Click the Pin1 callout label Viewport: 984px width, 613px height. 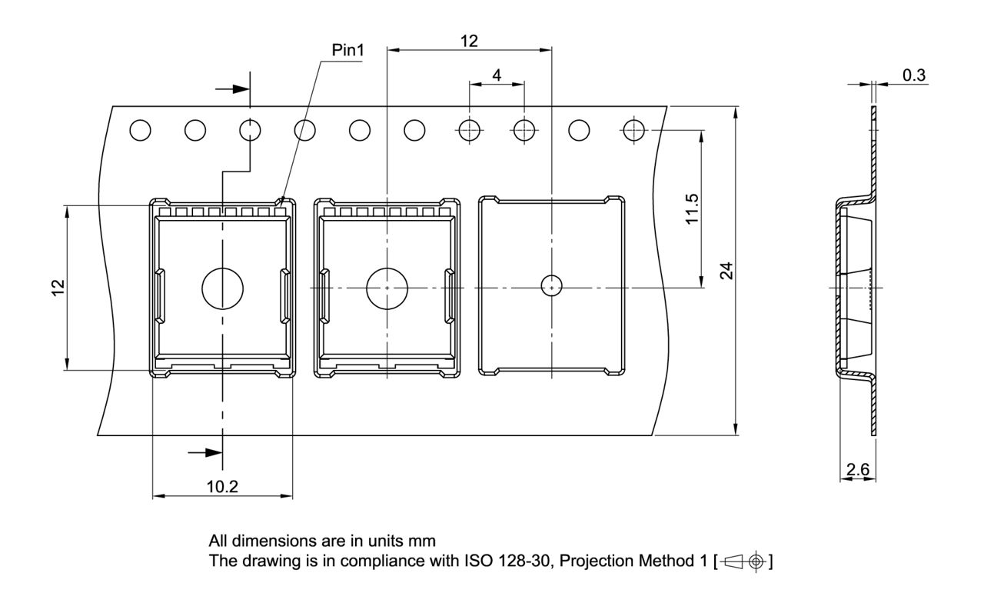pyautogui.click(x=347, y=51)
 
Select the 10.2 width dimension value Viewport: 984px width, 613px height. pyautogui.click(x=223, y=487)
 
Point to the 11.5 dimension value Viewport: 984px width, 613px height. pyautogui.click(x=692, y=208)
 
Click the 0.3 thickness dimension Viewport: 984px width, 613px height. pyautogui.click(x=914, y=75)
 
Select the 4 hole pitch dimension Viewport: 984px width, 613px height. pyautogui.click(x=497, y=75)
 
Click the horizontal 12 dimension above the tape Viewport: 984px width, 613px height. pyautogui.click(x=469, y=42)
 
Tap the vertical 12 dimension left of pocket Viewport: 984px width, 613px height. pyautogui.click(x=58, y=288)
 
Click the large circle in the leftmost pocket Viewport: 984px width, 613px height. pyautogui.click(x=222, y=288)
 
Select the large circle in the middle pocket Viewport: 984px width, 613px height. pyautogui.click(x=387, y=288)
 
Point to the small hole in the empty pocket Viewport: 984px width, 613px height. pyautogui.click(x=551, y=286)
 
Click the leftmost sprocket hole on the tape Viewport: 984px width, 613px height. pyautogui.click(x=140, y=131)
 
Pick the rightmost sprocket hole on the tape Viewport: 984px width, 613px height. pyautogui.click(x=633, y=131)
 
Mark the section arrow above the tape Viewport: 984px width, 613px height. pyautogui.click(x=232, y=89)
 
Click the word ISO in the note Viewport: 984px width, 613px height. pyautogui.click(x=476, y=561)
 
